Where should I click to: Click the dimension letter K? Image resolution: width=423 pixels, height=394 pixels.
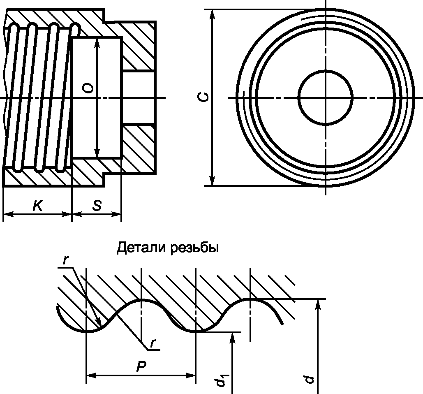coord(37,205)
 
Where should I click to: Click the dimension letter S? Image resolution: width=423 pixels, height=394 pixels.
coord(97,205)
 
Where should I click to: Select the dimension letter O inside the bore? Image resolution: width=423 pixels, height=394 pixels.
coord(88,88)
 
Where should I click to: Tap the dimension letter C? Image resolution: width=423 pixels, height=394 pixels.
coord(203,97)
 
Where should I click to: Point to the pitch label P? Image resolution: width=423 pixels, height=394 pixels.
coord(141,366)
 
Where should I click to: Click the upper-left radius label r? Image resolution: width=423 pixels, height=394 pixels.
coord(65,260)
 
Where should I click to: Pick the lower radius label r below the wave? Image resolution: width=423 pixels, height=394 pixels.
coord(153,343)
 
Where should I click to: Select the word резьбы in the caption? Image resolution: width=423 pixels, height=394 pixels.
coord(194,248)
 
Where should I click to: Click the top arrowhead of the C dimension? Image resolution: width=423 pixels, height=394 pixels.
coord(212,15)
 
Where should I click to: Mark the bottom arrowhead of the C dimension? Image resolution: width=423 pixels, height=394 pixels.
coord(212,180)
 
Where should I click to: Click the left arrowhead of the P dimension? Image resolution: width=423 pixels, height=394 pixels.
coord(91,375)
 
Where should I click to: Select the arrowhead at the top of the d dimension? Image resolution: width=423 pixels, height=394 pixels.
coord(318,304)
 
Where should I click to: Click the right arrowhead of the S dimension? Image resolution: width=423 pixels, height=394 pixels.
coord(116,214)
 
